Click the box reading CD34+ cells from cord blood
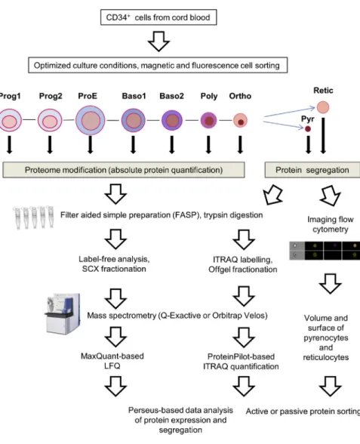click(x=158, y=17)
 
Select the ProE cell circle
click(x=91, y=120)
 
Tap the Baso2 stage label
click(x=171, y=96)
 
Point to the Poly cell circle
click(x=208, y=120)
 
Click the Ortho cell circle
click(x=240, y=120)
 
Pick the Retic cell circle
click(x=323, y=107)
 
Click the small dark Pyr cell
click(x=308, y=129)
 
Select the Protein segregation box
click(x=312, y=170)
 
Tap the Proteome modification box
click(x=124, y=170)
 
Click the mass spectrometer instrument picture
click(x=63, y=314)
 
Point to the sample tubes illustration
click(x=34, y=217)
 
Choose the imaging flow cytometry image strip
click(x=325, y=251)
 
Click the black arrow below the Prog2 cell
click(x=50, y=145)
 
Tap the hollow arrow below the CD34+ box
click(x=158, y=41)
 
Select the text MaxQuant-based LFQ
click(x=112, y=361)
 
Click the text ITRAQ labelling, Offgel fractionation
click(x=243, y=264)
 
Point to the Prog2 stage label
click(x=51, y=96)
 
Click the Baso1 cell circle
click(x=134, y=120)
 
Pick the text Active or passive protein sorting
click(x=303, y=411)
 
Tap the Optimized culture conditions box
click(x=158, y=65)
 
